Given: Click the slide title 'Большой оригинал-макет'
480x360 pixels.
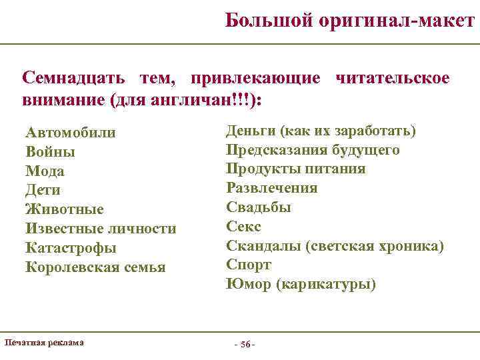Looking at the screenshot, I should [349, 21].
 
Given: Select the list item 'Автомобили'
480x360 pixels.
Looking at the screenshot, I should [71, 133].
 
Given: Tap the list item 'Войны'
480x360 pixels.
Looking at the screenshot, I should [50, 152].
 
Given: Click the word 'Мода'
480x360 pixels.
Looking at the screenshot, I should [45, 171].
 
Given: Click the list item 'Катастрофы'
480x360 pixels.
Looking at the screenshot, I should [71, 248].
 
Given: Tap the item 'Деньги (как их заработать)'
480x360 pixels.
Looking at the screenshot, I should [321, 130].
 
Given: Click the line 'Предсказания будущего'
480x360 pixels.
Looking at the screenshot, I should [313, 149].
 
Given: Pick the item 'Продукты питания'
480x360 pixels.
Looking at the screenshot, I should [295, 169].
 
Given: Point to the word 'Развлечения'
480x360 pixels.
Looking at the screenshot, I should [272, 188].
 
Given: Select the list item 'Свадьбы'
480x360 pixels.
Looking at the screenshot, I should [259, 207].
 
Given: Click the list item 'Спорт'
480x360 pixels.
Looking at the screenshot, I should [249, 265].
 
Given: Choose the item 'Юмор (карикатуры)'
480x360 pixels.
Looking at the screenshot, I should [301, 285].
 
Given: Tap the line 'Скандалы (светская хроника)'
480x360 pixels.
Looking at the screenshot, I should [335, 246].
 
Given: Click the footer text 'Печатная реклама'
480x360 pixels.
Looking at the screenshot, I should [44, 343].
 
